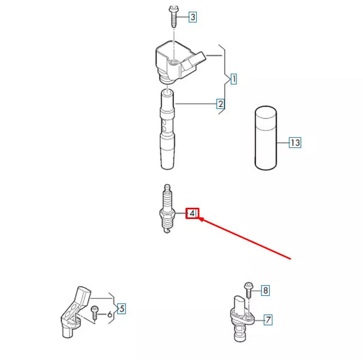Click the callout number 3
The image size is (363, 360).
[193, 16]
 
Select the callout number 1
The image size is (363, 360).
[233, 80]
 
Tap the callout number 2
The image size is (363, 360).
[221, 104]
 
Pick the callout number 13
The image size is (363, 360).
[294, 143]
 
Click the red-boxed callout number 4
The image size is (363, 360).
[193, 214]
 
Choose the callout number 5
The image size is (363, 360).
[121, 309]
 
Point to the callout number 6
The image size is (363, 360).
[110, 314]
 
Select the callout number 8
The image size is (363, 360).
[265, 291]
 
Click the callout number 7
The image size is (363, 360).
[268, 318]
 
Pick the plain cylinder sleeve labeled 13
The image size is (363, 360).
[265, 138]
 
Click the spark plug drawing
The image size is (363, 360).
[163, 211]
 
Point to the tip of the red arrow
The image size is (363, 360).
[200, 220]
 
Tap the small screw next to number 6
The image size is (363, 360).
[95, 314]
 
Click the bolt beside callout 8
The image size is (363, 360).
[247, 290]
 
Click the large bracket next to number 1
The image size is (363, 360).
[221, 80]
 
